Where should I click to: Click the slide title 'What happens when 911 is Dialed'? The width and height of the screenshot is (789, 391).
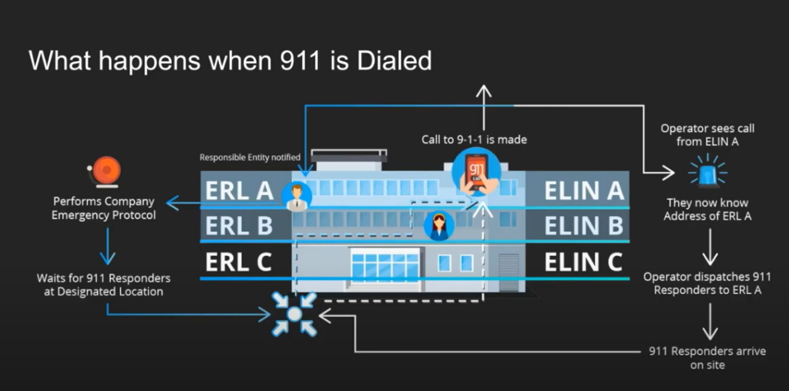230,60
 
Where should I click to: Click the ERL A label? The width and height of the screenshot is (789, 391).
239,190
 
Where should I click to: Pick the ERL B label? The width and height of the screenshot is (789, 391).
238,225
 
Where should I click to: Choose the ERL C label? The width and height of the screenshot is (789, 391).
238,261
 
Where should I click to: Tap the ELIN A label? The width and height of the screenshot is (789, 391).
583,190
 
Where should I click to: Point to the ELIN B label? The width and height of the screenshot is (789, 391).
583,225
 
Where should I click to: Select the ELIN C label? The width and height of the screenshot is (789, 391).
583,261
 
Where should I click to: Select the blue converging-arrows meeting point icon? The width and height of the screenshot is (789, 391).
295,314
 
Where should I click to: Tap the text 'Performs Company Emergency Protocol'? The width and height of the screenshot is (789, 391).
103,208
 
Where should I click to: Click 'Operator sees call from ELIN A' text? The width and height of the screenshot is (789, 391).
707,134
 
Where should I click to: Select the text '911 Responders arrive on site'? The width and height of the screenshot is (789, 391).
707,358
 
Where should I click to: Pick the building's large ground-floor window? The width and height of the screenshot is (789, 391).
384,264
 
